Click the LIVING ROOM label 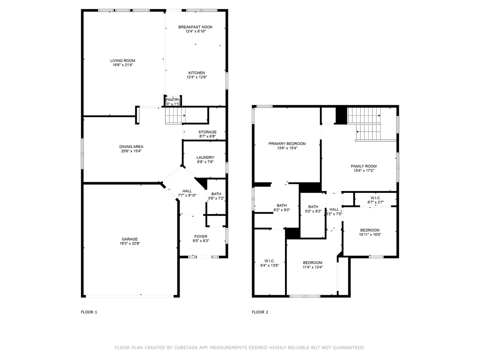(122, 61)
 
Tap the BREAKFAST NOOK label (195, 27)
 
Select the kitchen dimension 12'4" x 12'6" (196, 78)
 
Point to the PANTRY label (173, 100)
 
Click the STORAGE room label (207, 132)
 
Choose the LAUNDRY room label (205, 157)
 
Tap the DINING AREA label (131, 147)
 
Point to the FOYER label (201, 236)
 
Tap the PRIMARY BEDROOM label (287, 144)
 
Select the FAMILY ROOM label (364, 166)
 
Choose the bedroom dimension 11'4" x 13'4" (313, 267)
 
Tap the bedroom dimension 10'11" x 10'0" (369, 235)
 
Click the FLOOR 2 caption (260, 312)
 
